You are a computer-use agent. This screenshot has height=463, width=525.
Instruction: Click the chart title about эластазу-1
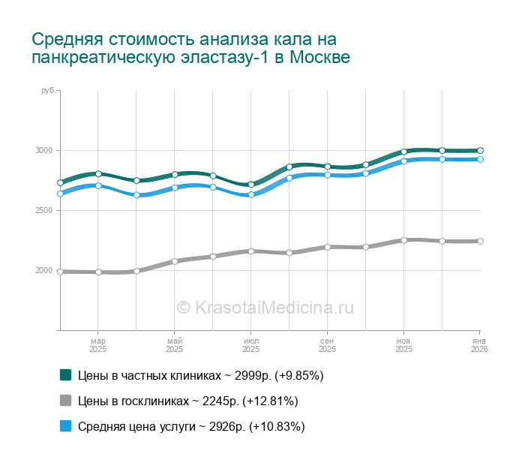(x=191, y=48)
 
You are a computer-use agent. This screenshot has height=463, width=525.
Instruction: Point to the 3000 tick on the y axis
(x=43, y=151)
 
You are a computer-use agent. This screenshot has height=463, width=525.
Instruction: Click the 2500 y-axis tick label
(x=43, y=211)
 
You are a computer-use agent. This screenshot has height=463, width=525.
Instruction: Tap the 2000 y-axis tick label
(x=43, y=271)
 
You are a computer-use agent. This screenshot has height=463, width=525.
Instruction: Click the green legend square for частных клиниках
(x=66, y=374)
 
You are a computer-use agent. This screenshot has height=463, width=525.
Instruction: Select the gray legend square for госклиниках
(x=66, y=400)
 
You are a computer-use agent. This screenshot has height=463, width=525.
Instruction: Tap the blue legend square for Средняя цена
(x=66, y=425)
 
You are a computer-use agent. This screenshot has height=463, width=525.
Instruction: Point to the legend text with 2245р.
(x=188, y=401)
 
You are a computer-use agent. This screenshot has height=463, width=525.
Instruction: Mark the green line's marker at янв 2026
(x=480, y=150)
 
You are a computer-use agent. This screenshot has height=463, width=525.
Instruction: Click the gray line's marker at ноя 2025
(x=403, y=240)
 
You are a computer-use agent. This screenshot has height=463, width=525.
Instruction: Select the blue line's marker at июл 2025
(x=251, y=194)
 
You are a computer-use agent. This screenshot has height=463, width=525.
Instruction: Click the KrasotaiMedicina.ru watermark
(x=265, y=307)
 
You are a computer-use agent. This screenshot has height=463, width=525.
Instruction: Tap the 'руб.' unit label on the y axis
(x=48, y=91)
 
